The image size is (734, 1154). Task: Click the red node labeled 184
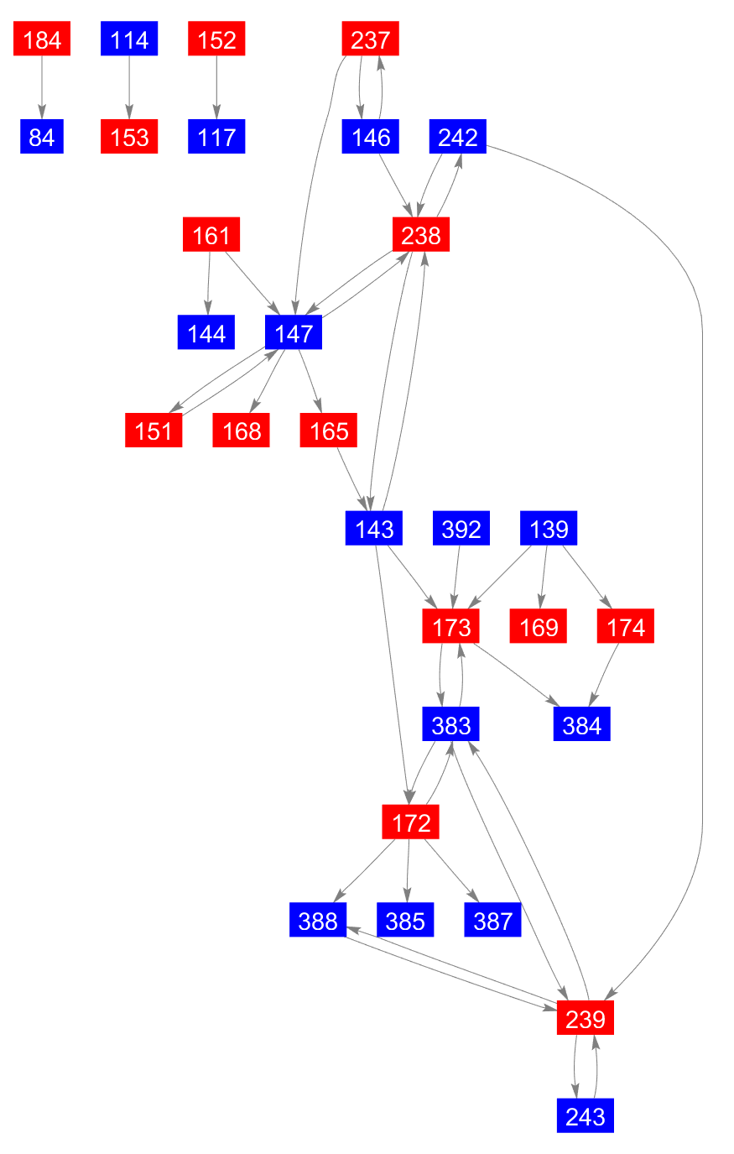[x=42, y=39]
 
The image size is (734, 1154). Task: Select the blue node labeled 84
[x=42, y=137]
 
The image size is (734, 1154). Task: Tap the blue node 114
[x=129, y=39]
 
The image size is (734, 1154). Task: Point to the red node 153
[x=129, y=137]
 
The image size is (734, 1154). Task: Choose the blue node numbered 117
[x=216, y=137]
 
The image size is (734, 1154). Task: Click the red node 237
[x=371, y=39]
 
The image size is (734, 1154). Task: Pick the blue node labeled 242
[x=458, y=137]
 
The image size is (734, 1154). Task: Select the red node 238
[x=421, y=234]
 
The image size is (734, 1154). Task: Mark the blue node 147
[x=294, y=332]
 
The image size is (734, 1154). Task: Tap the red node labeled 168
[x=242, y=431]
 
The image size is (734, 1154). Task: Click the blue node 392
[x=461, y=529]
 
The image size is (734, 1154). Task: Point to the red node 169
[x=539, y=627]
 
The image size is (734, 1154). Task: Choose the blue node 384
[x=582, y=724]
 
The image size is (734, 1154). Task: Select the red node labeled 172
[x=411, y=822]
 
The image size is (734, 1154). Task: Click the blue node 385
[x=406, y=921]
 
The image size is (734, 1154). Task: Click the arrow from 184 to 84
[x=42, y=88]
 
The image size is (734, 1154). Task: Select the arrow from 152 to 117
[x=216, y=88]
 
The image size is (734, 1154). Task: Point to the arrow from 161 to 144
[x=209, y=283]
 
